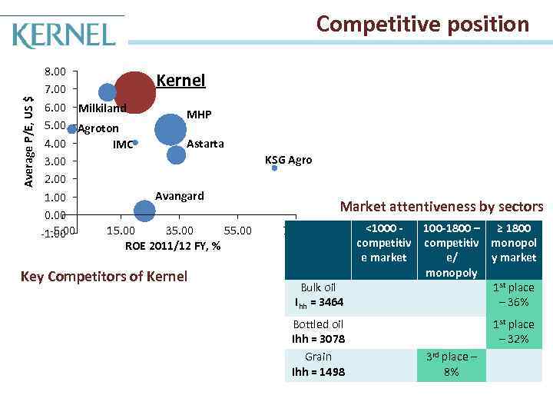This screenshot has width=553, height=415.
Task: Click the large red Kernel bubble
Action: pyautogui.click(x=135, y=91)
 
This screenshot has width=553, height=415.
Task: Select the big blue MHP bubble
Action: pyautogui.click(x=171, y=128)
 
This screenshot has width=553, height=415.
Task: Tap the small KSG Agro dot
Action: pyautogui.click(x=274, y=168)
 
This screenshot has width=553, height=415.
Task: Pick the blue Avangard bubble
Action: pyautogui.click(x=144, y=210)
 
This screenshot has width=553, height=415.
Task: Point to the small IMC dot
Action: pyautogui.click(x=135, y=142)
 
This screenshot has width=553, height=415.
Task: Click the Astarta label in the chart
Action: pyautogui.click(x=206, y=144)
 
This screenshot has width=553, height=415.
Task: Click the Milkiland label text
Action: pyautogui.click(x=102, y=108)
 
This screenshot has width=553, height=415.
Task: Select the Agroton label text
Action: pyautogui.click(x=98, y=128)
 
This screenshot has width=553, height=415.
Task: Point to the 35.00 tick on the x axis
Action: pyautogui.click(x=179, y=231)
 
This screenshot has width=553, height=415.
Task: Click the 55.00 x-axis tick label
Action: pyautogui.click(x=237, y=231)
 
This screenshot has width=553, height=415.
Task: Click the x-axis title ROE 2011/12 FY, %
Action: pyautogui.click(x=173, y=246)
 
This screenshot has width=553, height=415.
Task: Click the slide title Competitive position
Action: pyautogui.click(x=422, y=25)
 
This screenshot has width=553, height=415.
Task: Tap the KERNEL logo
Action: pyautogui.click(x=65, y=35)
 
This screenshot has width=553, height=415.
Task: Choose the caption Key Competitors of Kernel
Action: pyautogui.click(x=104, y=276)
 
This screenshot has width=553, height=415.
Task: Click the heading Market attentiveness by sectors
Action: pyautogui.click(x=441, y=206)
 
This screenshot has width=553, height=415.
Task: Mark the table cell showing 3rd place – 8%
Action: pyautogui.click(x=451, y=364)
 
